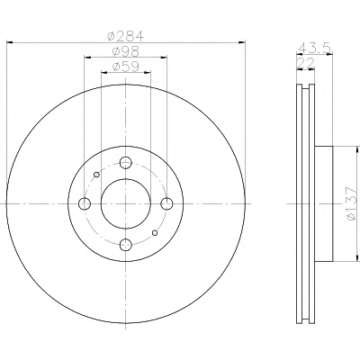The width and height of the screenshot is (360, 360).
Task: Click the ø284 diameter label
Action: (x=126, y=36)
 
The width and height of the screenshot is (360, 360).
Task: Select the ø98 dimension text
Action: (x=126, y=51)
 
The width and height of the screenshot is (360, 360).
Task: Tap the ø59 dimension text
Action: (x=126, y=67)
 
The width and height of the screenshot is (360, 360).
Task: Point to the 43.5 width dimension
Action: (x=315, y=48)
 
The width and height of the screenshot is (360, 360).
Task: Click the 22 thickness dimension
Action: (x=306, y=63)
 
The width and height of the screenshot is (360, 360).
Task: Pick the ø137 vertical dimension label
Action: (x=351, y=204)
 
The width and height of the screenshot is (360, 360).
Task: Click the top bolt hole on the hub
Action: (x=126, y=163)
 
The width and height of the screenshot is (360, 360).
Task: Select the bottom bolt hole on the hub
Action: (x=126, y=245)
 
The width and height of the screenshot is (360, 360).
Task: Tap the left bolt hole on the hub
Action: (x=85, y=204)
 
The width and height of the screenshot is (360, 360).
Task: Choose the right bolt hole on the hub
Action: (x=166, y=204)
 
